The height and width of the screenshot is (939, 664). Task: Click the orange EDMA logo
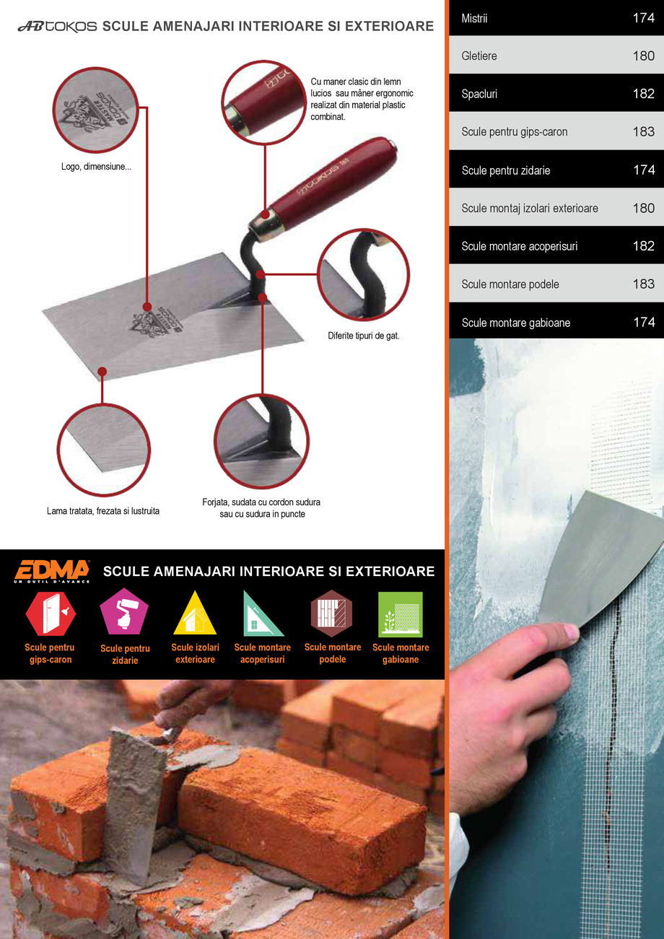click(x=51, y=571)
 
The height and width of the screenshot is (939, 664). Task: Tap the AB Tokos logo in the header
click(x=58, y=27)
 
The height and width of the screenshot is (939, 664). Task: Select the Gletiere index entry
click(x=556, y=56)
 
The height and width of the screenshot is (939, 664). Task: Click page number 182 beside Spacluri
click(x=644, y=94)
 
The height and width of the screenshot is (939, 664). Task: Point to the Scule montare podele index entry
click(x=556, y=284)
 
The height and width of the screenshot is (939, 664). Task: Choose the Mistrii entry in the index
click(x=556, y=17)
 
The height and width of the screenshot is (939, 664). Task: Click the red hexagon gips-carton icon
click(x=51, y=613)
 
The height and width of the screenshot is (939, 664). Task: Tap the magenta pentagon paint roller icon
click(x=124, y=611)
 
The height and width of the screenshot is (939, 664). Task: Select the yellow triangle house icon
click(x=195, y=613)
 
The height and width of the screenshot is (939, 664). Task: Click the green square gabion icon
click(x=401, y=614)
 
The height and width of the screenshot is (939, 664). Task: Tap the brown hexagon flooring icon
click(x=331, y=613)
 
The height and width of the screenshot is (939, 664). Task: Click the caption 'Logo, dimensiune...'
click(x=96, y=167)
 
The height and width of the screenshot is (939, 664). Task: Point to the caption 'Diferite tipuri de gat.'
click(x=364, y=336)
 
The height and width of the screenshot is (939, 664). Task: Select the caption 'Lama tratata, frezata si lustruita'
click(x=103, y=511)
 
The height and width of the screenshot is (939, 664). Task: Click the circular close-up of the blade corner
click(x=103, y=450)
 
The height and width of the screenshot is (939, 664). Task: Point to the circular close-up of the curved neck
click(x=364, y=274)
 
